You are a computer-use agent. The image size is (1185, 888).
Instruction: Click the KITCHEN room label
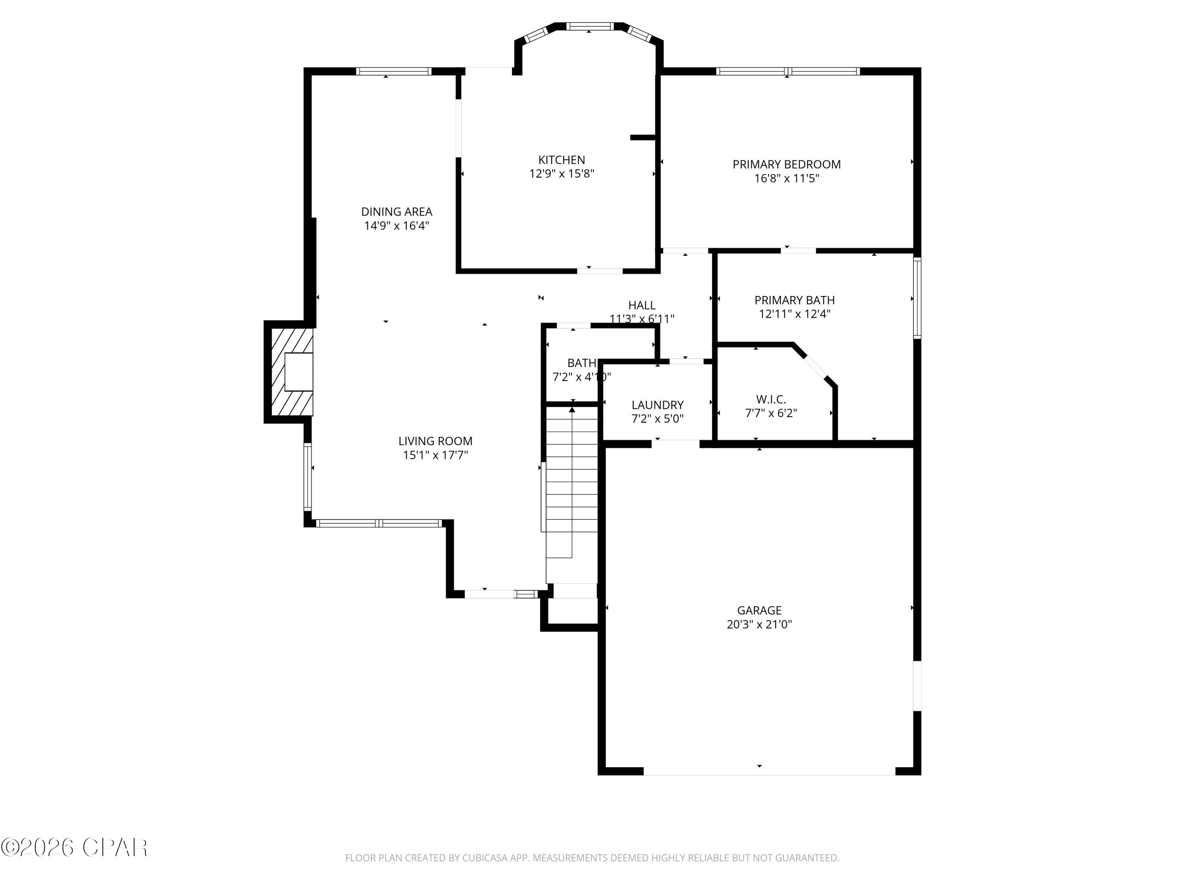click(561, 159)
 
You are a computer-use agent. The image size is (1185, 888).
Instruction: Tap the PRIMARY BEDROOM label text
click(786, 164)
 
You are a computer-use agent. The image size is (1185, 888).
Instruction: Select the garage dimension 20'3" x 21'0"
click(759, 624)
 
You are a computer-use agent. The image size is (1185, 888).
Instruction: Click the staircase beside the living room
click(572, 482)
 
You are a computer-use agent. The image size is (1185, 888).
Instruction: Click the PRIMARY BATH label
click(794, 300)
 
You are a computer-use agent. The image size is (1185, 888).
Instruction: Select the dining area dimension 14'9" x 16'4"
click(397, 226)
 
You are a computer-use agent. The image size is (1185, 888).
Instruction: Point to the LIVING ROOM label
click(435, 441)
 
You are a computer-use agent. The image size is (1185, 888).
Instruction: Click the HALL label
click(642, 305)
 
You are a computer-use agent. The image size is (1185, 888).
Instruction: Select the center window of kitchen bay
click(589, 26)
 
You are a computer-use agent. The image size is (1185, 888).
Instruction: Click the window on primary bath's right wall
click(917, 298)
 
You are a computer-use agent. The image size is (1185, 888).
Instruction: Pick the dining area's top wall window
click(393, 71)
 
